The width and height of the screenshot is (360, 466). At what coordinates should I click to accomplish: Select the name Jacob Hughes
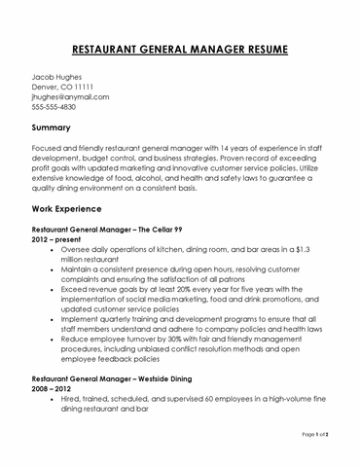[x=57, y=75]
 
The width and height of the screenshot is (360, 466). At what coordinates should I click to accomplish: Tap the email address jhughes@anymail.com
[x=70, y=97]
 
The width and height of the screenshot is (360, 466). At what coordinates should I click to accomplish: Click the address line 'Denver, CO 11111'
[x=62, y=87]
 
